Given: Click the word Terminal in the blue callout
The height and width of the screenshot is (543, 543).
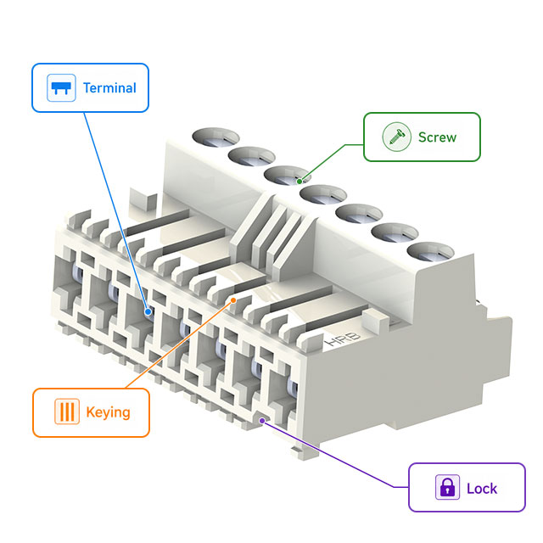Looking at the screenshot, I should pos(109,87).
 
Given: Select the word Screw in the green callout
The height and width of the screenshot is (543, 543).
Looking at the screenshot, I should pos(437,137).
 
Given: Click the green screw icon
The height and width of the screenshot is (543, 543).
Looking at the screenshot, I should pos(393,137).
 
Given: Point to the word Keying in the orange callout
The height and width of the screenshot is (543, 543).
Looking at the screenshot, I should pos(108,412).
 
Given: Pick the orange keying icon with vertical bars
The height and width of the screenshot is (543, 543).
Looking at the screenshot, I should pos(65,412).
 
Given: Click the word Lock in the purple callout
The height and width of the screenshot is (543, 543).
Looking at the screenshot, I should pos(482,488).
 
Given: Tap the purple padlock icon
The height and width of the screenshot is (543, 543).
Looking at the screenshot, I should pos(446,488).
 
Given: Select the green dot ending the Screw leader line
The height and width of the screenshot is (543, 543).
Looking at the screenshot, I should pos(301,180).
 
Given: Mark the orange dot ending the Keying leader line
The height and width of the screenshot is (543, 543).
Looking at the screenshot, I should pos(235,299).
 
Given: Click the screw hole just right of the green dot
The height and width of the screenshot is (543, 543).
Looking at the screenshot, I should pos(319,194).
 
